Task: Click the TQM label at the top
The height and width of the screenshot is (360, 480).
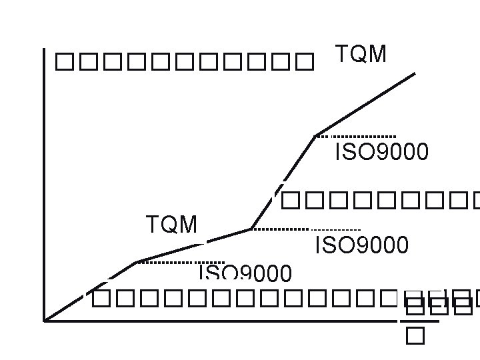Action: point(360,55)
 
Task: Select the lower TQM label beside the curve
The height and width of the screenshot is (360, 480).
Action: point(172,225)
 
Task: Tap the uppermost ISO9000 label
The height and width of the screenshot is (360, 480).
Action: point(381,153)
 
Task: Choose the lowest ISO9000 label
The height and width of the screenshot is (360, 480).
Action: point(245,272)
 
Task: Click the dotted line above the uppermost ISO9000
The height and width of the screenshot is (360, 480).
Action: point(357,136)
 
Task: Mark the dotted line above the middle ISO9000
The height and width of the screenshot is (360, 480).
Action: point(307,229)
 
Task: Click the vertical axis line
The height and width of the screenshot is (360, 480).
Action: point(44,187)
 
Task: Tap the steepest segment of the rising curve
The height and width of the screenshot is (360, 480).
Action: point(283,181)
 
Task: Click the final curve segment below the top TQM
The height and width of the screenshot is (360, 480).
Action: point(365,104)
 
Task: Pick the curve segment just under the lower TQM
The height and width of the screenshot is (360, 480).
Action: point(193,245)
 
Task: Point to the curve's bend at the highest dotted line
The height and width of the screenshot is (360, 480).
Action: point(316,135)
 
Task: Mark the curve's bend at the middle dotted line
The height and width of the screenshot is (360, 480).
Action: point(251,229)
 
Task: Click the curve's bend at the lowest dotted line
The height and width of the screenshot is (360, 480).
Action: point(136,262)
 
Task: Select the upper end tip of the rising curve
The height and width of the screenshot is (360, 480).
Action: point(415,73)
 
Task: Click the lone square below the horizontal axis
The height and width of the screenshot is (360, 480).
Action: point(413,337)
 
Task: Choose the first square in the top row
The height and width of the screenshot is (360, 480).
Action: point(63,63)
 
